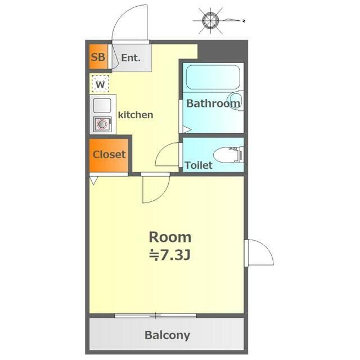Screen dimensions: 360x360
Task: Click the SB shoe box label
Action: tap(98, 57)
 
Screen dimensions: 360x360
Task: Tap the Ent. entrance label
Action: tap(130, 57)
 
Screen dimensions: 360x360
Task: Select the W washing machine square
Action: tap(100, 84)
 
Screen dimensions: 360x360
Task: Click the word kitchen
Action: tap(136, 115)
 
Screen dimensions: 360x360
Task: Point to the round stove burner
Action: tap(102, 124)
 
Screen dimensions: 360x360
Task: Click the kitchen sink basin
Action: tap(102, 106)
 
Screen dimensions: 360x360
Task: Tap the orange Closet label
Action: tap(109, 154)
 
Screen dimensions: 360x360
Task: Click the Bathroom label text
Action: tap(213, 103)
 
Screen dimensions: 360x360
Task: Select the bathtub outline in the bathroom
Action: tap(213, 77)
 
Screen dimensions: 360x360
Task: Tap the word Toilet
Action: tap(199, 165)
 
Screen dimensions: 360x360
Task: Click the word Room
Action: tap(170, 237)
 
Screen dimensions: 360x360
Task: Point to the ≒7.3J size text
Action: tap(170, 255)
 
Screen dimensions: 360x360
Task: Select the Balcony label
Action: tap(168, 335)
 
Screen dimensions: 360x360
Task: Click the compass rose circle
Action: tap(210, 21)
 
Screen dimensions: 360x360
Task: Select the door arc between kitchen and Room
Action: tap(163, 195)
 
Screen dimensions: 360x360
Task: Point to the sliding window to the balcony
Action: tap(155, 316)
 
